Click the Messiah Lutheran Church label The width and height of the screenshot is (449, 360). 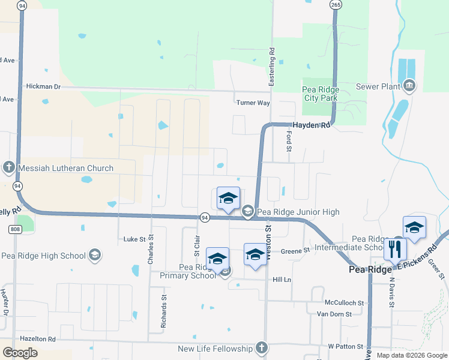click(66, 168)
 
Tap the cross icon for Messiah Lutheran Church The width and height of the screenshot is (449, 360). click(9, 167)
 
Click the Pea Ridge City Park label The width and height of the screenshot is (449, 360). click(321, 94)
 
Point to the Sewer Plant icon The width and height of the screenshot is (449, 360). click(410, 86)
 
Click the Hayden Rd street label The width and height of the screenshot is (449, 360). click(317, 125)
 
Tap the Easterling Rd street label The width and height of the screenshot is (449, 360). click(271, 66)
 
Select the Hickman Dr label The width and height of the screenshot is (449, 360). click(43, 86)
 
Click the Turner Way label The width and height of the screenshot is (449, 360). click(253, 103)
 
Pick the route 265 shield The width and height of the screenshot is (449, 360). click(336, 5)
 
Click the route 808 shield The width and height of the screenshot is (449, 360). click(15, 229)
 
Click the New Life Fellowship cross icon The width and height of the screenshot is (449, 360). click(261, 348)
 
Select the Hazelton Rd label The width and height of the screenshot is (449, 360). click(37, 338)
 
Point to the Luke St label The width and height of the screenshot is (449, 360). click(134, 239)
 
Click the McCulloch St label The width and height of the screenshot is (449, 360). click(344, 303)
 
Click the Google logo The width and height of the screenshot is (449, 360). click(20, 353)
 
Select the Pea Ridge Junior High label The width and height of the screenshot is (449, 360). click(298, 212)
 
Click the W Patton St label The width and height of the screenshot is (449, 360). click(346, 347)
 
